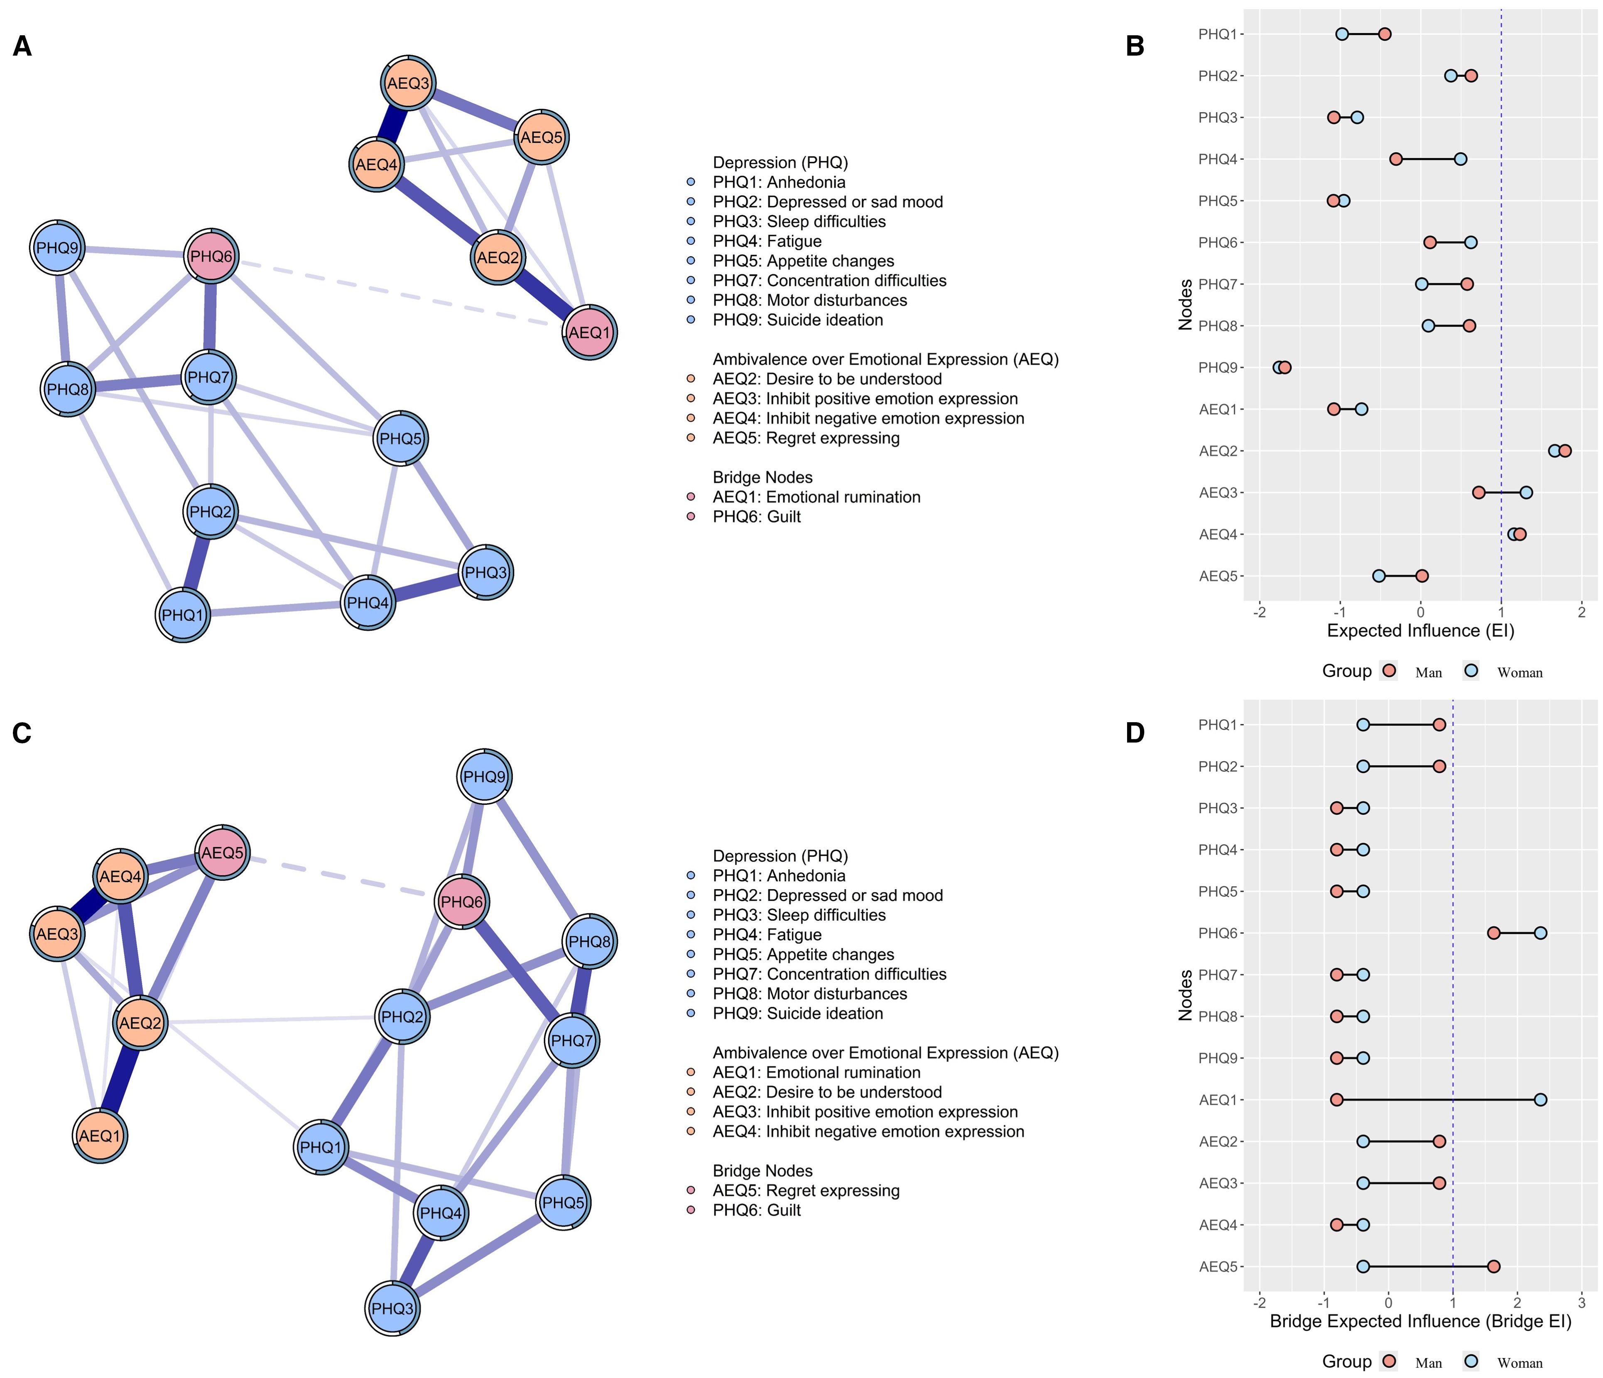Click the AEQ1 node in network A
[x=590, y=332]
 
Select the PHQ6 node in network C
[x=462, y=902]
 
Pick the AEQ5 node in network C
[x=223, y=853]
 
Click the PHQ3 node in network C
[x=393, y=1308]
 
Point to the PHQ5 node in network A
[x=401, y=438]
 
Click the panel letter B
[x=1135, y=46]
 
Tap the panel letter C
[x=22, y=732]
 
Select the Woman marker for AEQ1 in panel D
[x=1540, y=1099]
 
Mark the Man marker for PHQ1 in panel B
[x=1385, y=34]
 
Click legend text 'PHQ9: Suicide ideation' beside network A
[x=798, y=320]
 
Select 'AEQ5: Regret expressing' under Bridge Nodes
[x=806, y=1191]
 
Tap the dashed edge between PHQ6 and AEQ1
[x=402, y=294]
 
